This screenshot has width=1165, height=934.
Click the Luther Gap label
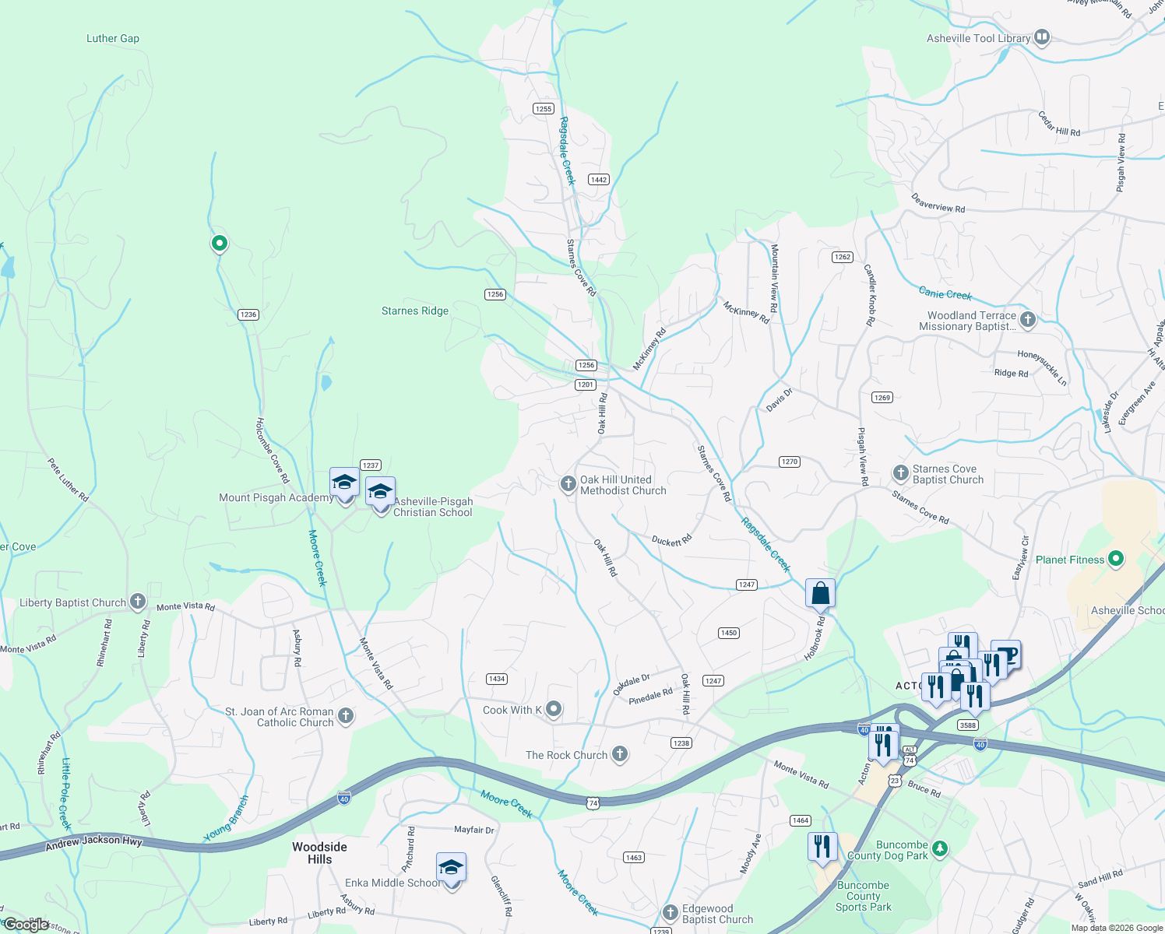(113, 38)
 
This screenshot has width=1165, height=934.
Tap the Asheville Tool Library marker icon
(1042, 37)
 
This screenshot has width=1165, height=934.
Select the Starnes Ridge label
(415, 311)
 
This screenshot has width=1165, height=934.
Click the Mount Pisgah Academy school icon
(344, 483)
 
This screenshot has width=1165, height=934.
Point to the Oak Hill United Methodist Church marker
(568, 484)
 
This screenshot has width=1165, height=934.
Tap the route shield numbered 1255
(544, 109)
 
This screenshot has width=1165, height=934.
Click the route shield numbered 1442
(598, 180)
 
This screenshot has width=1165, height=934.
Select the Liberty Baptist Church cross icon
(138, 602)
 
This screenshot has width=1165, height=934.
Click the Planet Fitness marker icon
(1116, 559)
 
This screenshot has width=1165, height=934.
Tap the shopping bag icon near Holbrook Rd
(820, 594)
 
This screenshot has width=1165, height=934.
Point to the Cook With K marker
(554, 709)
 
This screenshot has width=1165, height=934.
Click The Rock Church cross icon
(620, 753)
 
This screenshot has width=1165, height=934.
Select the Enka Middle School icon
(451, 869)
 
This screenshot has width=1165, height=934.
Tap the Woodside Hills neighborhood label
(319, 853)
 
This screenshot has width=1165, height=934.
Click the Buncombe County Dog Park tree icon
(940, 848)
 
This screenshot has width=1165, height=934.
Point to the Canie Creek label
(945, 293)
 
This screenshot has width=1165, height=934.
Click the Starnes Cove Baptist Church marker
(900, 473)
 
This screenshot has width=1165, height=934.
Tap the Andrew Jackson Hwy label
(93, 841)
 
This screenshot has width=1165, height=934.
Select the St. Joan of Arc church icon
(346, 716)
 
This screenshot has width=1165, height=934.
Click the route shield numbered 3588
(967, 725)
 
